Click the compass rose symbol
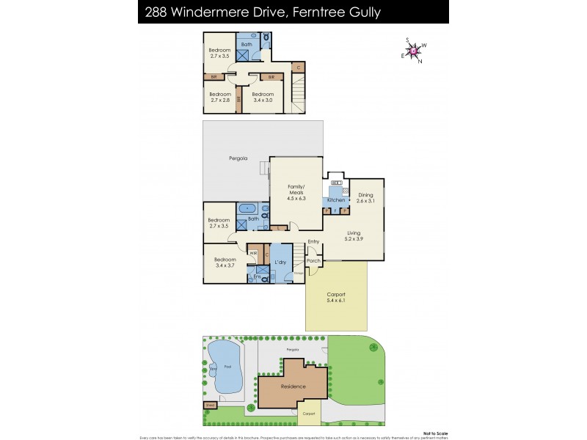415,51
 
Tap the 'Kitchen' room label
336,200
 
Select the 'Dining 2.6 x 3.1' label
365,197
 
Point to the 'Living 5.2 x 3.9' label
354,236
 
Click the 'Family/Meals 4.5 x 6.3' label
296,192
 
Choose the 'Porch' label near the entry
313,260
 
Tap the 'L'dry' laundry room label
280,262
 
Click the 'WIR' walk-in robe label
252,254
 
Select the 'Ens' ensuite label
256,276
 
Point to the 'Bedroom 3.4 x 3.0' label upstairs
263,97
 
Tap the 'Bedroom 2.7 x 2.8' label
219,97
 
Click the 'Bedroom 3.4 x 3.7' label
225,262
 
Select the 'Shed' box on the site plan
209,404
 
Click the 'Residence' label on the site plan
293,386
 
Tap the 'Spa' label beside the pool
214,370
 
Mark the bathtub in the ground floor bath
246,208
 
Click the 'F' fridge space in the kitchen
335,211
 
